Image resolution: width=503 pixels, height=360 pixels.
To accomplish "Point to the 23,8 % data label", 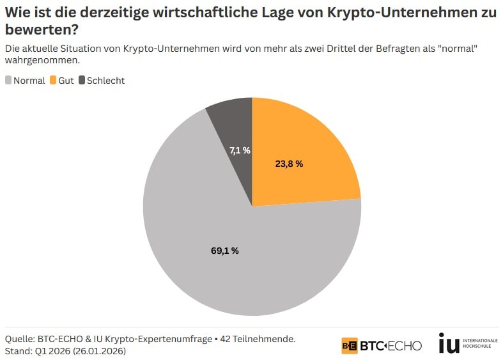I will (289, 164).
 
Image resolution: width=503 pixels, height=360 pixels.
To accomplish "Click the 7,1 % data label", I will (240, 150).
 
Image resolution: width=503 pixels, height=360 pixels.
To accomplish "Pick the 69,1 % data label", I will (224, 251).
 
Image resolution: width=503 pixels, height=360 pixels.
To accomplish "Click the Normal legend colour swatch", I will (8, 81).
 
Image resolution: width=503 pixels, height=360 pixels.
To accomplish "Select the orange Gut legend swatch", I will (53, 81).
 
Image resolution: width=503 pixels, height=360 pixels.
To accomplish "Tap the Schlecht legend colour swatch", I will (82, 81).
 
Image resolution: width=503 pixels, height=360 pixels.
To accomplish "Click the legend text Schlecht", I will (105, 81).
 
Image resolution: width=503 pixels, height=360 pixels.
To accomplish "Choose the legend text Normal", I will (29, 81).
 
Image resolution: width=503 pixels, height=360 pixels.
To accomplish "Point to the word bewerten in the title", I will (35, 29).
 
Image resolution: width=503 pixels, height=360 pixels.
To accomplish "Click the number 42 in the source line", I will (225, 338).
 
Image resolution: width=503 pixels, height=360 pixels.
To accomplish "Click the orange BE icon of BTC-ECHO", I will (349, 345).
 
